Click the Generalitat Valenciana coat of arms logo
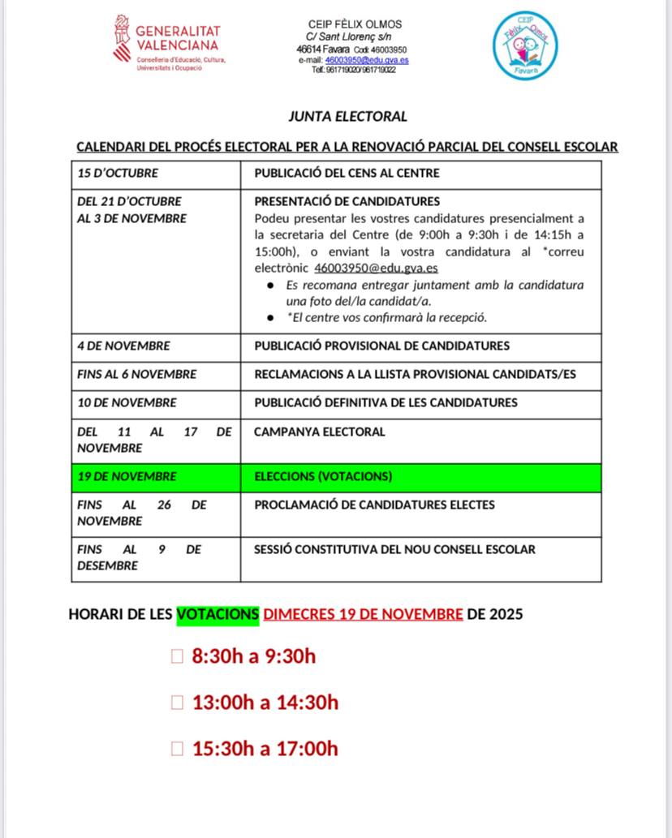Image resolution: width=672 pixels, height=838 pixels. coord(122,37)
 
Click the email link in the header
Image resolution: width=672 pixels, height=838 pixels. coord(366,60)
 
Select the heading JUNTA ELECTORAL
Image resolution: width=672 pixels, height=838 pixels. coord(347,117)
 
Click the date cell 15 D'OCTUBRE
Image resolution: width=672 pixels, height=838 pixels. coord(118,173)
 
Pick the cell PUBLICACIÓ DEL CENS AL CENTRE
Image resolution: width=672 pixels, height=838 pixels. coord(347,173)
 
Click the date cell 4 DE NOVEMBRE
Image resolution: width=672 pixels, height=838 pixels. coord(123,346)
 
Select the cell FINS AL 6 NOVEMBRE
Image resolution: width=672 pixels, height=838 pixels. coord(136,374)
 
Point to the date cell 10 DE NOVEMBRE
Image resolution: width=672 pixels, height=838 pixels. coord(127,402)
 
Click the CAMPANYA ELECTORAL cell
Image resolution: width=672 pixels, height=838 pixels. coord(319,432)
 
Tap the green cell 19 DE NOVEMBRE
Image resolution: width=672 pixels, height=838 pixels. coord(127,476)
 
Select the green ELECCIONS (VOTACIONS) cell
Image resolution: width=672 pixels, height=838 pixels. coord(323,476)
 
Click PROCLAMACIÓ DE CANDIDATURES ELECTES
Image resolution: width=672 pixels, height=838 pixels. coord(374,505)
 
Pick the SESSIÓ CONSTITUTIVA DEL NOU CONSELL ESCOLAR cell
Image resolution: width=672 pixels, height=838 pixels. coord(394,549)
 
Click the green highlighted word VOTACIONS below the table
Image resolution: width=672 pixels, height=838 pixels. coord(218,614)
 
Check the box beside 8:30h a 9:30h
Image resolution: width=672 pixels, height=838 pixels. coord(178,656)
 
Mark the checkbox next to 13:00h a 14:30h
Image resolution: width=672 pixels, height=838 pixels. coord(178,703)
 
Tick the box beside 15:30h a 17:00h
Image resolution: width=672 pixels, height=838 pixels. coord(178,749)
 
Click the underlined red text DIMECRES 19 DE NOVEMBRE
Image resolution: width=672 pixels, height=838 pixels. coord(363,614)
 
